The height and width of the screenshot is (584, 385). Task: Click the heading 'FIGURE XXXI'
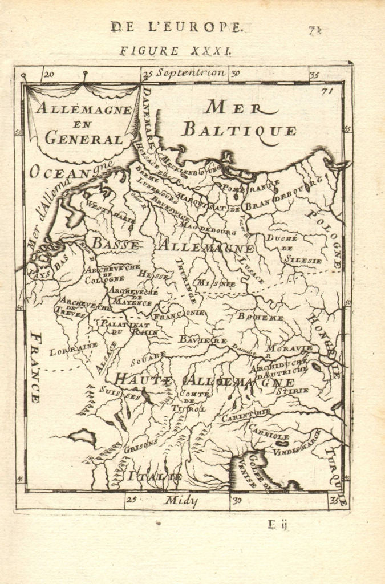(175, 51)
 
